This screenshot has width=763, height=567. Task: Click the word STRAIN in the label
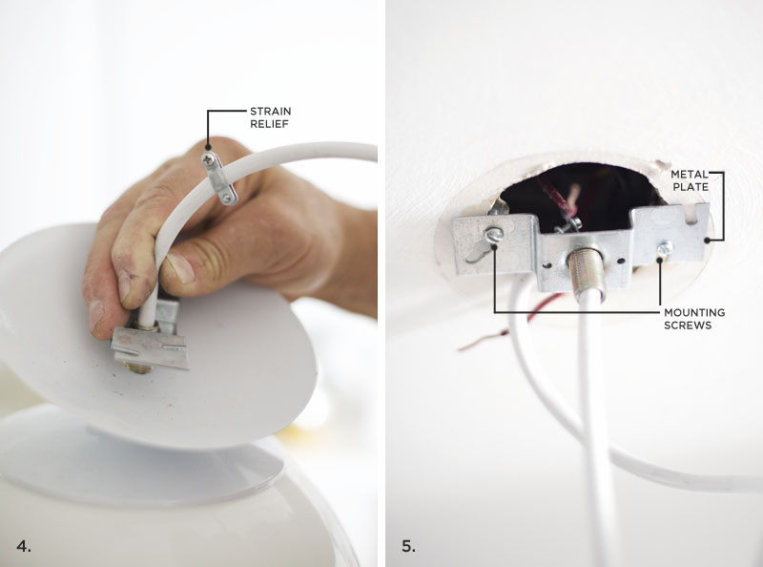pos(271,111)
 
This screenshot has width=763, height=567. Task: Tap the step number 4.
pos(23,546)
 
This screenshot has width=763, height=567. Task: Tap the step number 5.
pos(409,546)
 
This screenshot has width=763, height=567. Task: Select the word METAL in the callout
pos(690,174)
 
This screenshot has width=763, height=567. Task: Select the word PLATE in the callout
pos(691,187)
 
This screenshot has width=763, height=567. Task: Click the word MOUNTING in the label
pos(694,312)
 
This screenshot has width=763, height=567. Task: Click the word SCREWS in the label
pos(688,325)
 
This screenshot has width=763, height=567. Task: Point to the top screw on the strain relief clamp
pos(209,157)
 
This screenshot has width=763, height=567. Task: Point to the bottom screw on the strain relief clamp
pos(228,198)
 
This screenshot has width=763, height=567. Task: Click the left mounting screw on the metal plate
pos(493,235)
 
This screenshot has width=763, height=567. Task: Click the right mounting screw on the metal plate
pos(664,249)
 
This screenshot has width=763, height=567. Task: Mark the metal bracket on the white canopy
pos(150,341)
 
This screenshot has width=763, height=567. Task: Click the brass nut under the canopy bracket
pos(137,367)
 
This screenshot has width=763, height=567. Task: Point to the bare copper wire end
pos(482,341)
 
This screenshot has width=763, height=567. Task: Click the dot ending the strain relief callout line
pos(208,147)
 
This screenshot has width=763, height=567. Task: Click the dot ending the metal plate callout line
pos(707,240)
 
